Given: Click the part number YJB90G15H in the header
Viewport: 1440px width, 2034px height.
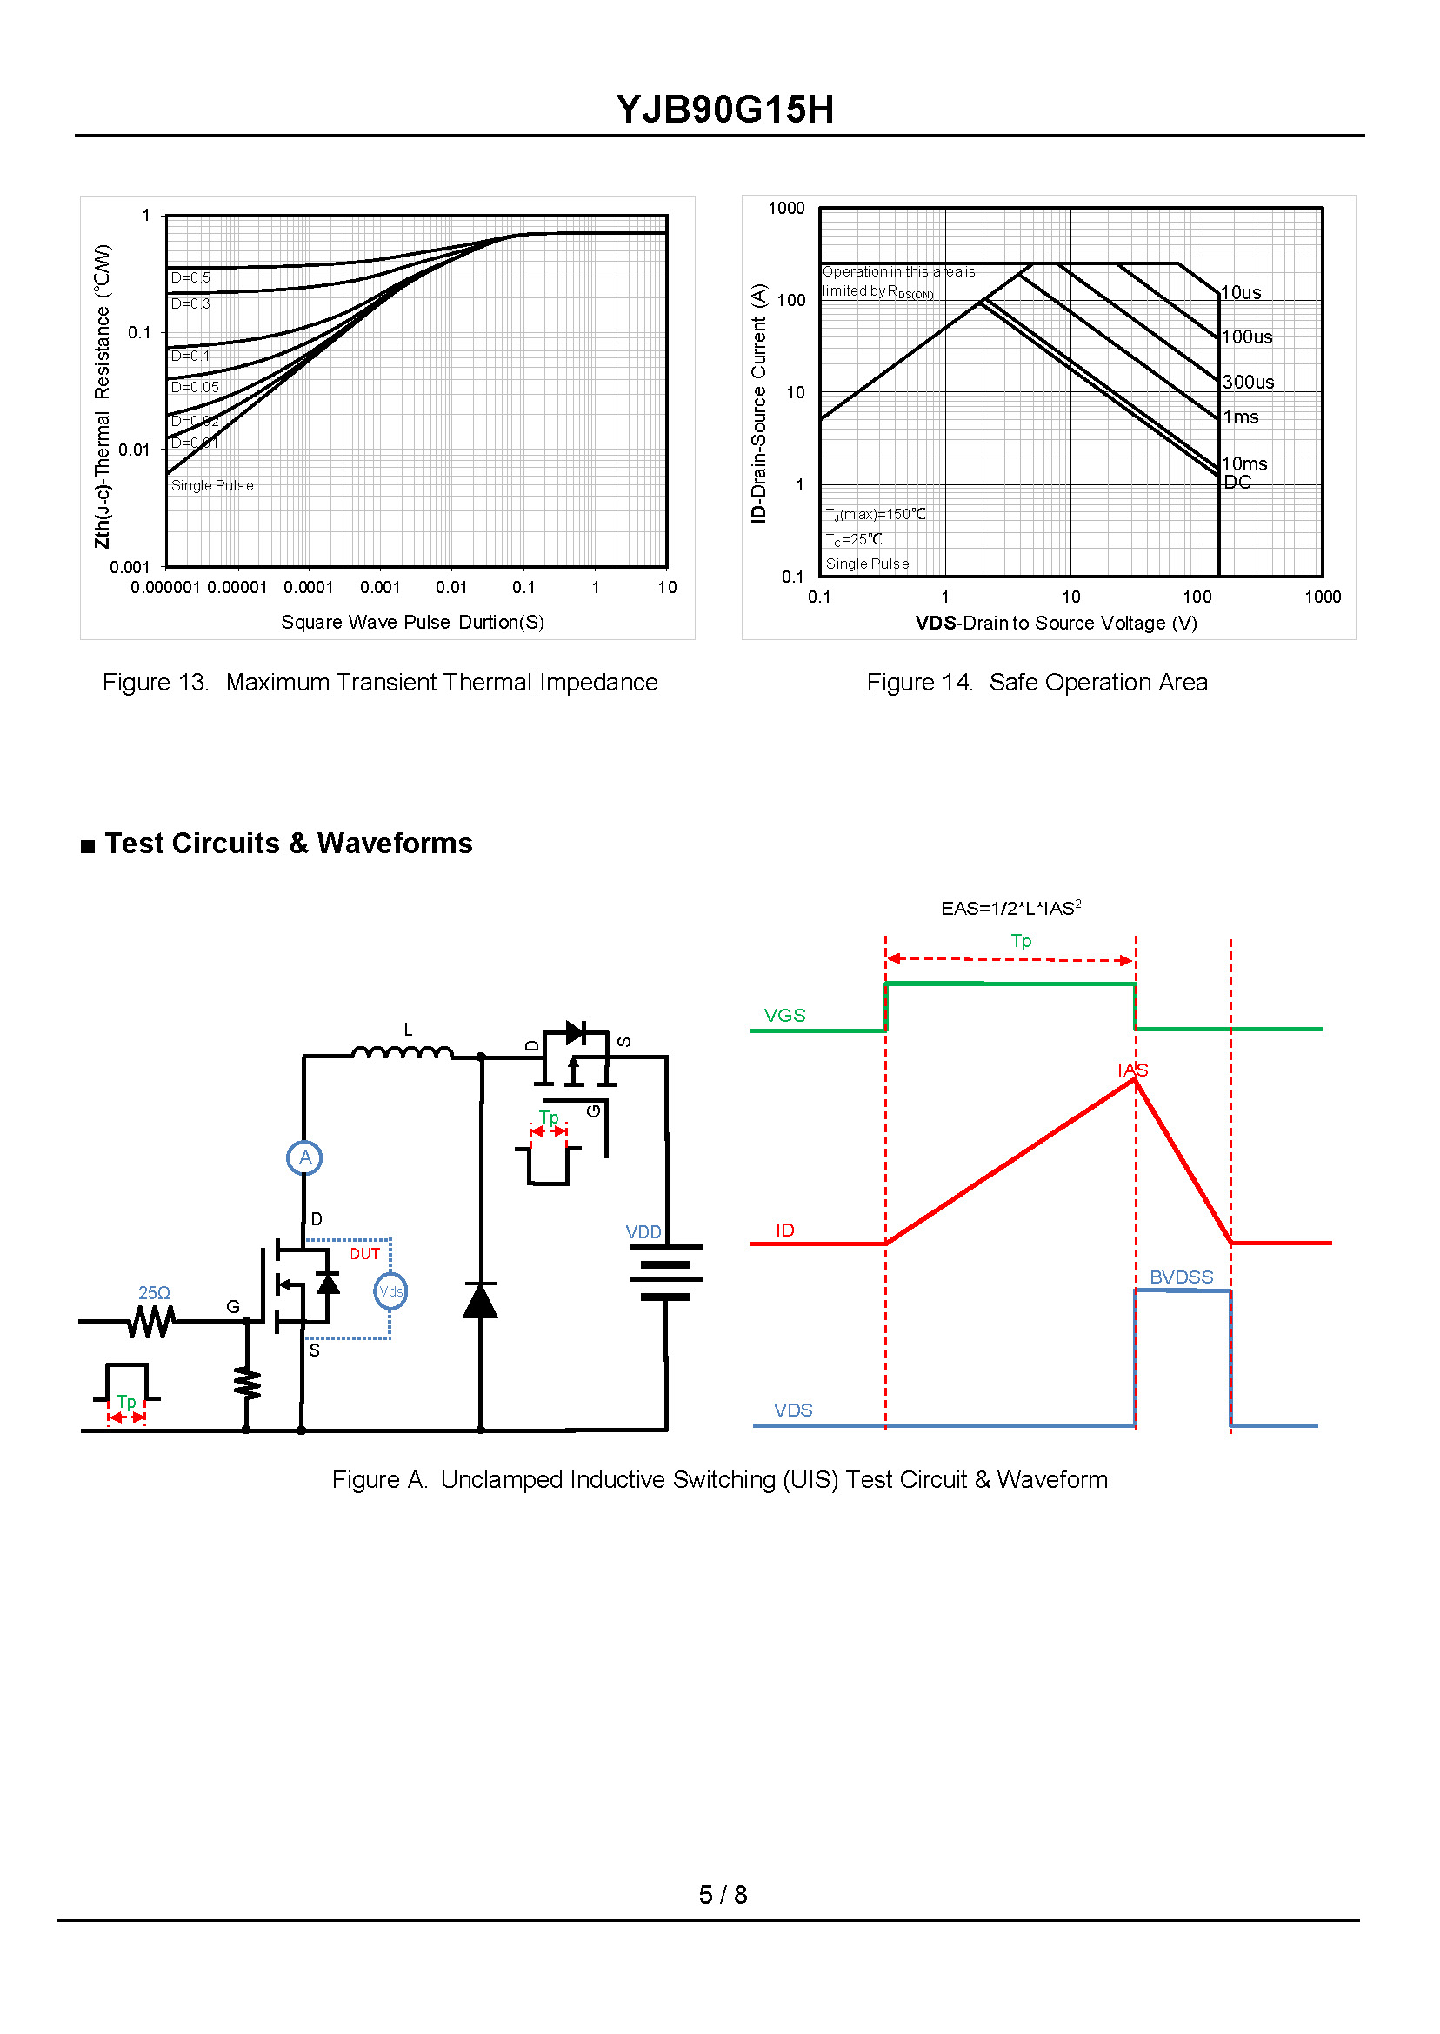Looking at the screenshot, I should [724, 110].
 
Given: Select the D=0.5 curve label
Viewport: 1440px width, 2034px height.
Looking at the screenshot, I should [190, 278].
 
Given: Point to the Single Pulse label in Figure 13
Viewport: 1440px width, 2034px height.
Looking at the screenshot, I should [212, 486].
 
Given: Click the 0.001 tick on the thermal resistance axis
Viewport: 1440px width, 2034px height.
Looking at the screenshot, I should [130, 568].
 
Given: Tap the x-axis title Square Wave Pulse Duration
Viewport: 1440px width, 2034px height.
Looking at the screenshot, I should [412, 623].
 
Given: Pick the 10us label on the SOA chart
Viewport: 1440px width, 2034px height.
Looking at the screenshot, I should [1242, 292].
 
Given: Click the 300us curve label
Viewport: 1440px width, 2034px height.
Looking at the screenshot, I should [1249, 382].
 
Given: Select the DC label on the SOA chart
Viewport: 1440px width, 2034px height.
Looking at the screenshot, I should [1238, 483].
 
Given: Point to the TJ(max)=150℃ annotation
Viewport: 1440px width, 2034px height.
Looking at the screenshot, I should [876, 514].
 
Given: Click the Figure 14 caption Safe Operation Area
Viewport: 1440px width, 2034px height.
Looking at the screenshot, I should [1037, 683].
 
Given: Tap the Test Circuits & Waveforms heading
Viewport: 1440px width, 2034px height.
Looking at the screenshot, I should [288, 844].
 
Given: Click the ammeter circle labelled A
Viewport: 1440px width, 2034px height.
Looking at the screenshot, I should [305, 1158].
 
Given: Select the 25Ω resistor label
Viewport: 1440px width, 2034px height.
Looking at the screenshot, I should [154, 1294].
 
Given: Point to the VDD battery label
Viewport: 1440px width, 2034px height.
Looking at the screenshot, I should [643, 1232].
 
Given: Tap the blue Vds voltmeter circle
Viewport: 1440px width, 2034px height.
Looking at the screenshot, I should [391, 1292].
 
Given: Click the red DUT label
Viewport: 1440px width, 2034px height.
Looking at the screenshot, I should [364, 1255].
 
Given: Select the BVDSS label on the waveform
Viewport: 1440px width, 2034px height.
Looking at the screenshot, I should [1182, 1277].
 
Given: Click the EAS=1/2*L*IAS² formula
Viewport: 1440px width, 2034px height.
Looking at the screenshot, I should [1010, 909].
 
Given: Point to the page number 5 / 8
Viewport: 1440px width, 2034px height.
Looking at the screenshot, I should [723, 1895].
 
